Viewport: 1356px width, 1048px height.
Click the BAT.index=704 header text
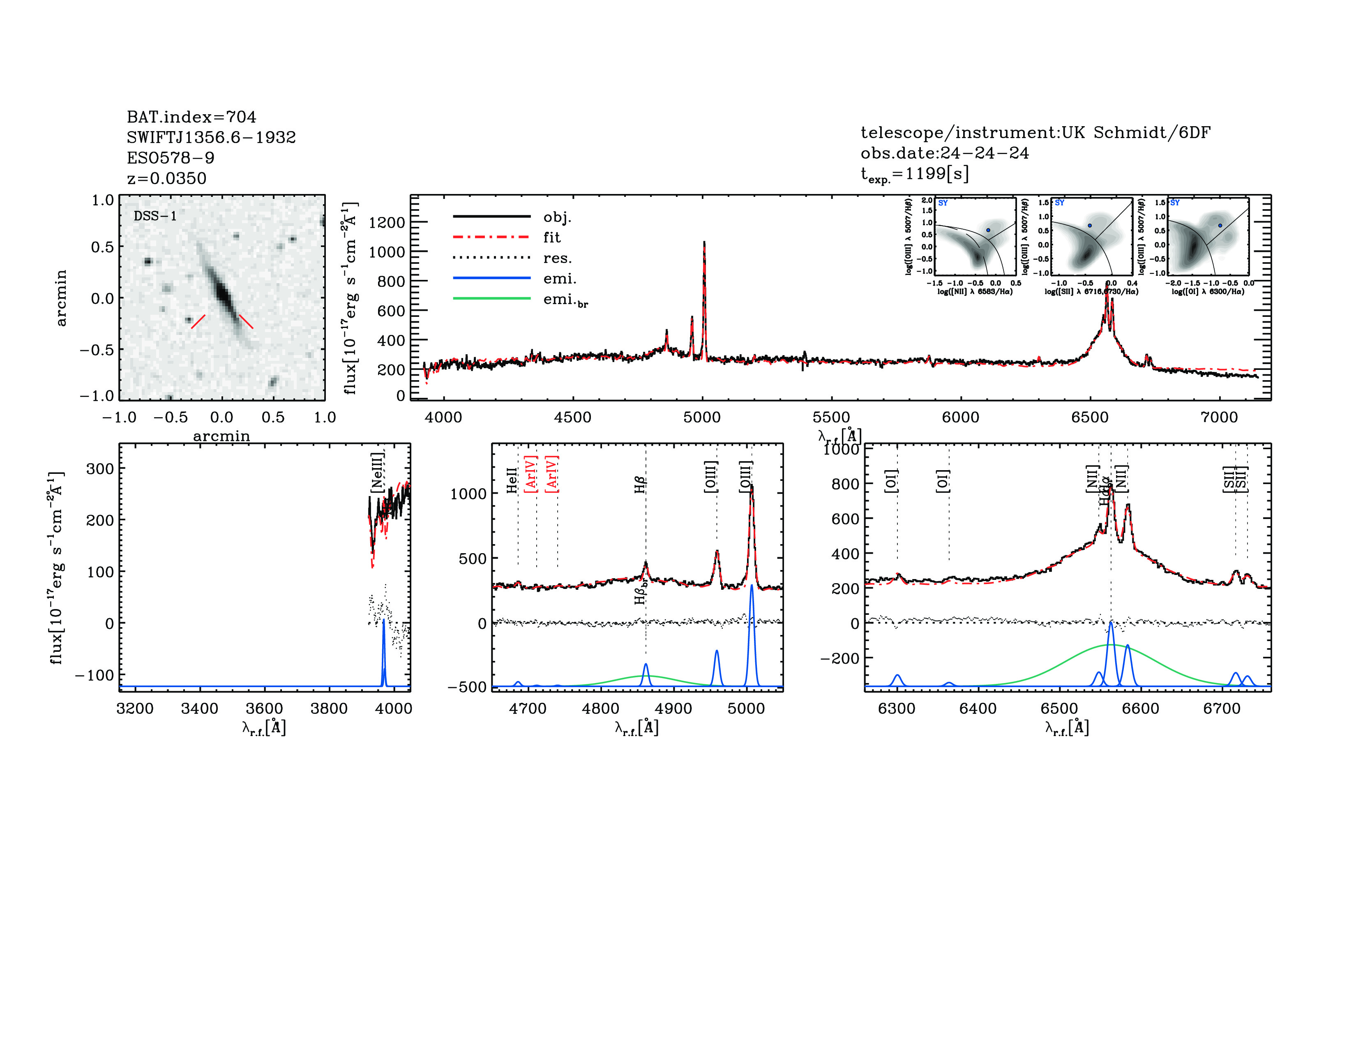coord(191,117)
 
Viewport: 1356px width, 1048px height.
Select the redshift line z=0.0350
coord(166,178)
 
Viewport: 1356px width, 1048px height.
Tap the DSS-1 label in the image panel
coord(155,216)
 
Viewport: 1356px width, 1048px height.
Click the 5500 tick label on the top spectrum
coord(831,417)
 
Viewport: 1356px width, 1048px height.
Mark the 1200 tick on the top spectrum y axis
coord(387,222)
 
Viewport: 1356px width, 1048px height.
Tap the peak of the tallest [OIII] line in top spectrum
coord(704,243)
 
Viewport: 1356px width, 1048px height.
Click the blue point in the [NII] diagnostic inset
coord(988,230)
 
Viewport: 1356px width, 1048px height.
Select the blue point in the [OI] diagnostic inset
coord(1220,225)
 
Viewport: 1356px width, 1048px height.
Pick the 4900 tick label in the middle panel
coord(673,709)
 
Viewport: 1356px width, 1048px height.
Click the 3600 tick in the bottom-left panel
coord(265,709)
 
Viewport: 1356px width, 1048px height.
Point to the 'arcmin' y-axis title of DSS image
coord(61,298)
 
